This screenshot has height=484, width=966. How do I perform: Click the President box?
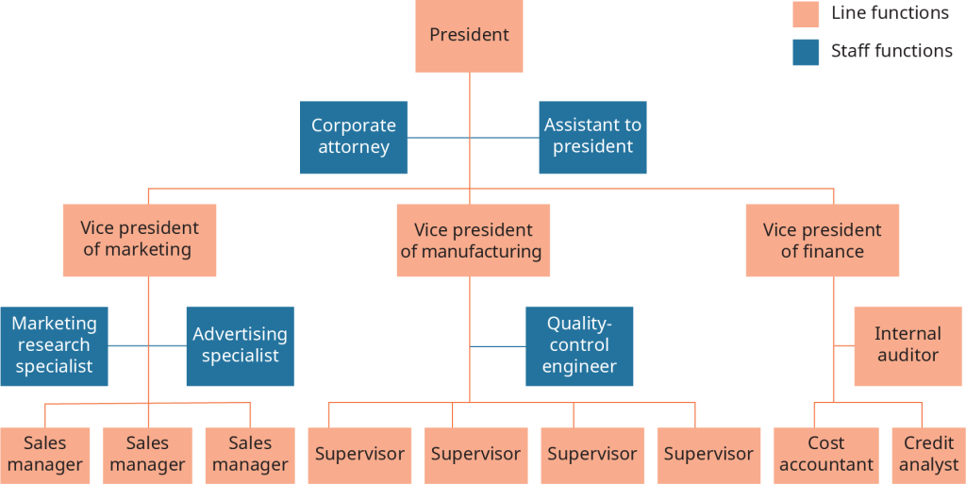(469, 36)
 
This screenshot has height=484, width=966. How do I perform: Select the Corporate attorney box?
(354, 137)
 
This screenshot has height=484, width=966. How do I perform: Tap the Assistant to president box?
(592, 137)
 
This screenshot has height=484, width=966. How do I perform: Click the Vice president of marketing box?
(140, 240)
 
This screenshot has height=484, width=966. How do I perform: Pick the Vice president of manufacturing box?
(471, 242)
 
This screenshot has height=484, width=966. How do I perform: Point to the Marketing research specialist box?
(54, 345)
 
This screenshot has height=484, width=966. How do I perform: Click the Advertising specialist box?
(240, 345)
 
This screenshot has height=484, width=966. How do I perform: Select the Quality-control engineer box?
(578, 345)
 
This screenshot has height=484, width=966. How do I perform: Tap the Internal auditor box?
(908, 345)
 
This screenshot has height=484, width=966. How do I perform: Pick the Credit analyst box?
(928, 454)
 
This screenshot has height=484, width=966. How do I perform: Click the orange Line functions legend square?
(806, 14)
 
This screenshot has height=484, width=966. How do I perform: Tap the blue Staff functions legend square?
(806, 52)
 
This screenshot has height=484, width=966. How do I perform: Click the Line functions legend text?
(890, 13)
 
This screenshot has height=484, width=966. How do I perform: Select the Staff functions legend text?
(891, 51)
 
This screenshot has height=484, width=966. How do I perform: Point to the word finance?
(834, 252)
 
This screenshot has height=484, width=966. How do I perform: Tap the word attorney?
(354, 147)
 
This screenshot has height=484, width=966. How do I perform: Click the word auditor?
(908, 356)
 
